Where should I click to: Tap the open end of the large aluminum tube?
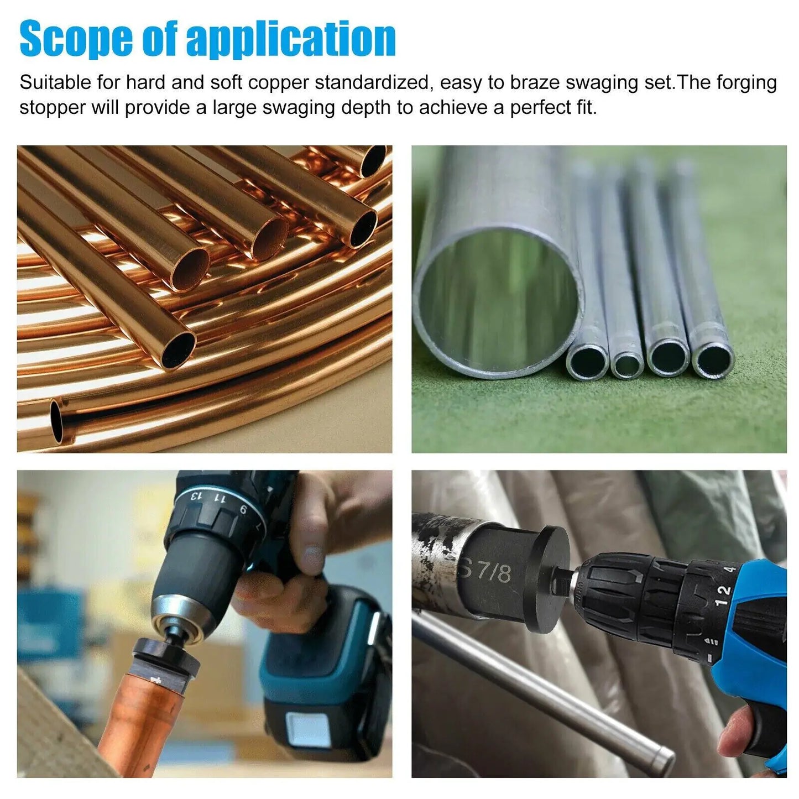click(498, 302)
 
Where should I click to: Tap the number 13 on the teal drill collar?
click(195, 495)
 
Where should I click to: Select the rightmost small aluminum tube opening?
click(713, 359)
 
